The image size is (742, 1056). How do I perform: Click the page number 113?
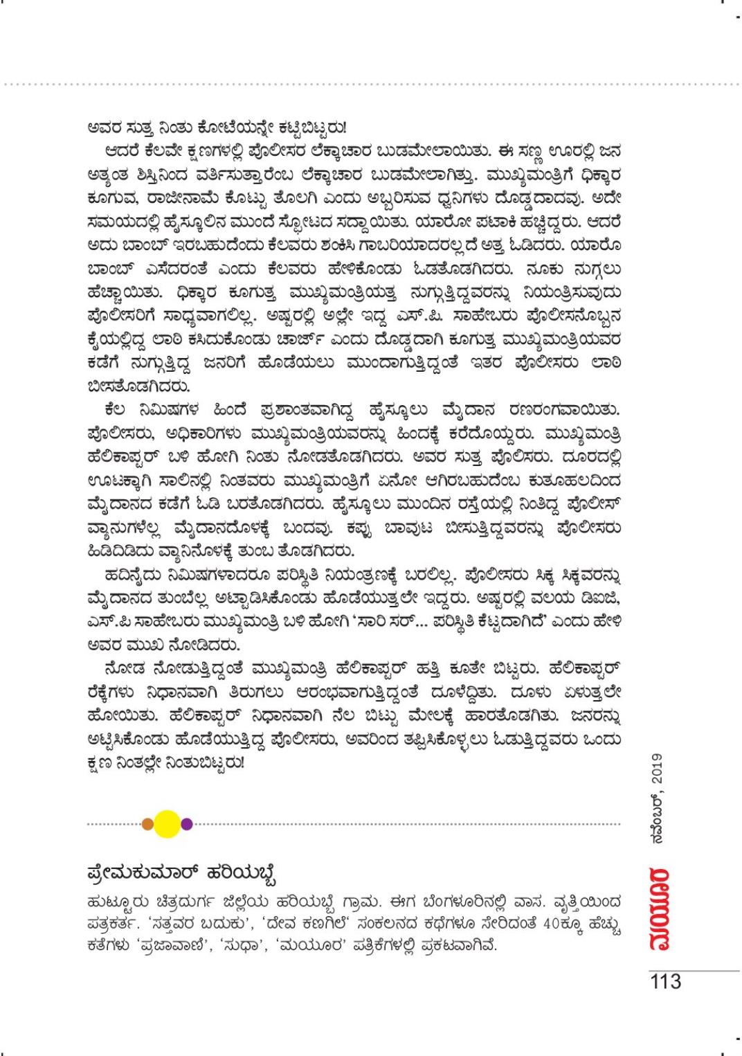pos(665,981)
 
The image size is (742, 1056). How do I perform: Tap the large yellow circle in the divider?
pos(168,823)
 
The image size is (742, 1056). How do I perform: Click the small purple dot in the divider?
pos(186,823)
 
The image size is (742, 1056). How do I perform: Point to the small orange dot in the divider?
pos(147,823)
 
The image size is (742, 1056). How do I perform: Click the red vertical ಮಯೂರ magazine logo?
pos(658,908)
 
